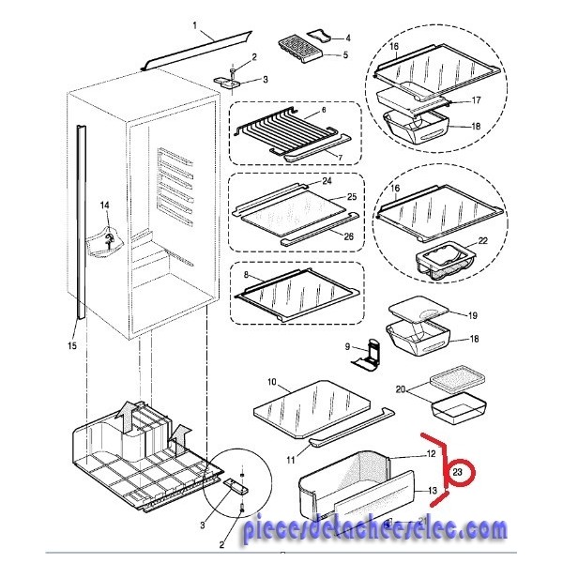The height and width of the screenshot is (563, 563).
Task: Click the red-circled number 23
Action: pos(457,472)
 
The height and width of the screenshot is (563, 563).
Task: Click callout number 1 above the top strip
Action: pos(195,25)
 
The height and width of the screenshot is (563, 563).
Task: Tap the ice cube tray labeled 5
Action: pos(301,49)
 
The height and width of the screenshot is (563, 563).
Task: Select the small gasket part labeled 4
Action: pos(318,37)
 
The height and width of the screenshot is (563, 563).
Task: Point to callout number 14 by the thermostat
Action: pos(104,205)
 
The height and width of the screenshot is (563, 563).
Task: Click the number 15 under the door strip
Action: pos(72,345)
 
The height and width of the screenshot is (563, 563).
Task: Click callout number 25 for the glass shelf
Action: pos(352,197)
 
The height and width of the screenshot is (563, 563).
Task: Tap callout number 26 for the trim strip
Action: pos(349,236)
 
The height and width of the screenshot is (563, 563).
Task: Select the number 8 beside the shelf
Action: pos(246,275)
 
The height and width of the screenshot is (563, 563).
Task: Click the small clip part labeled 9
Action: pos(366,357)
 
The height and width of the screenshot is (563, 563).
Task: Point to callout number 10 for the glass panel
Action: pos(272,382)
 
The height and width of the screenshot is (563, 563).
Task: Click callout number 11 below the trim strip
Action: pos(291,460)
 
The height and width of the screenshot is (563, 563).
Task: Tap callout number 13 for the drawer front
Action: pos(433,491)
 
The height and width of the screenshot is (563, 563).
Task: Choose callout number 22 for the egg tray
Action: pos(483,240)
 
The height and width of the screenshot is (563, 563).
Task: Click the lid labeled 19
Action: pos(419,311)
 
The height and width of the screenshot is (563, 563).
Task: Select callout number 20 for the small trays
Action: pos(401,389)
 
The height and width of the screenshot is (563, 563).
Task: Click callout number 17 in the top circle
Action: pos(476,100)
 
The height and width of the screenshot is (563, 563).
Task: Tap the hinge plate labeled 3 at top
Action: pos(228,83)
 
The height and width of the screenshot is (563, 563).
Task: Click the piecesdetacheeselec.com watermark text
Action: pos(374,530)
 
